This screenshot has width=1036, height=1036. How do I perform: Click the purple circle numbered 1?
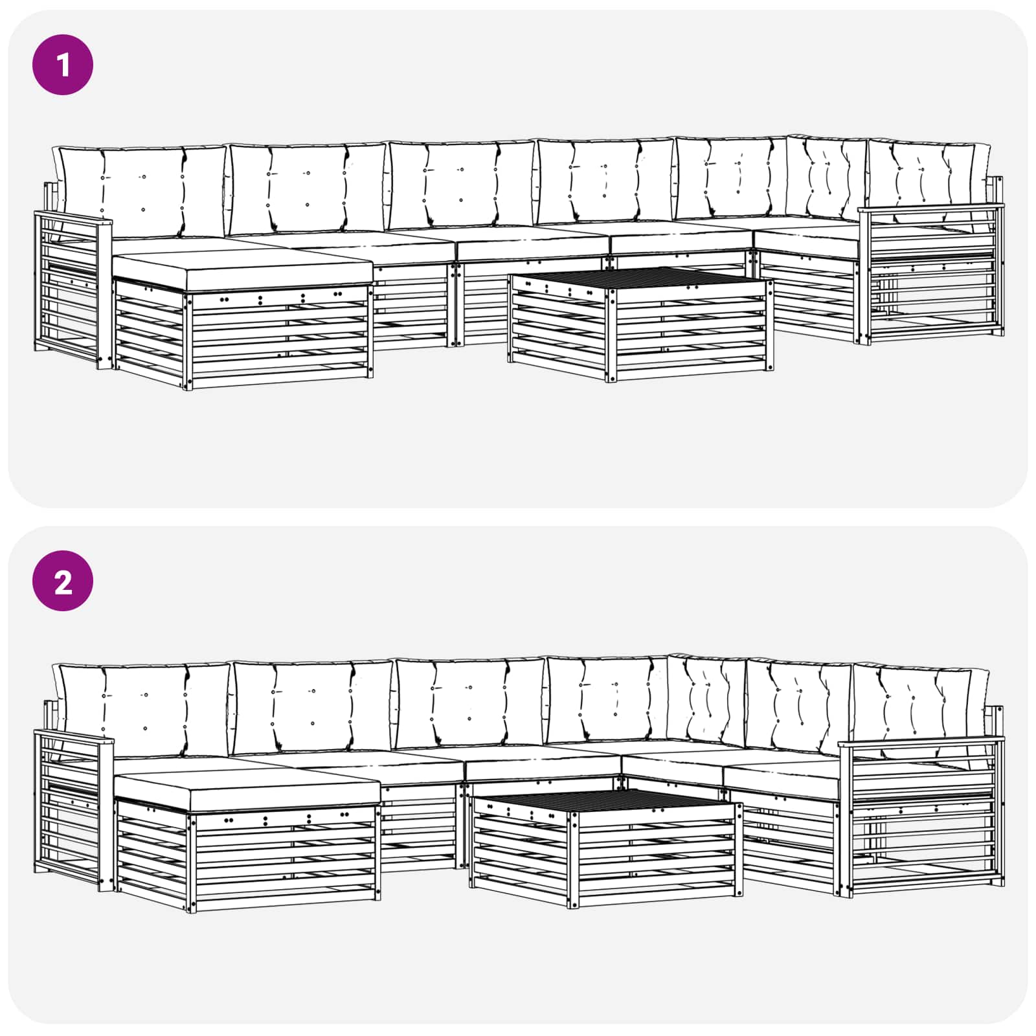coord(63,65)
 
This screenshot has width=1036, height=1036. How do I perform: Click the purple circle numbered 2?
coord(63,581)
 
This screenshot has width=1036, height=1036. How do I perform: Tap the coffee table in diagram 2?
coord(605,848)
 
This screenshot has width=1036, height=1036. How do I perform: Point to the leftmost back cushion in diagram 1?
coord(142,191)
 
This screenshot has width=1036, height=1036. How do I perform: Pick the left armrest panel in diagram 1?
coord(71,291)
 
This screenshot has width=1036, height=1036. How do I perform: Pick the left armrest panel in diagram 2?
coord(71,809)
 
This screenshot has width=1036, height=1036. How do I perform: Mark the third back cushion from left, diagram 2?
coord(469,703)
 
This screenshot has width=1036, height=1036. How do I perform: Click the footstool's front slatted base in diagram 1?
coord(278,340)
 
